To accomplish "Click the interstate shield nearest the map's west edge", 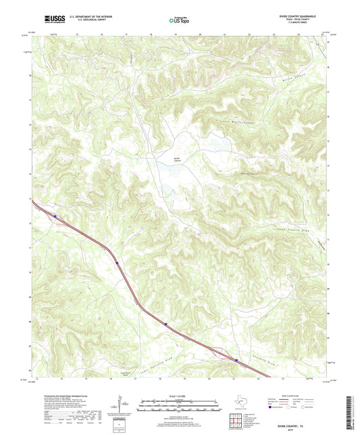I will [x=55, y=217].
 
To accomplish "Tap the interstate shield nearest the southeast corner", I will [x=236, y=360].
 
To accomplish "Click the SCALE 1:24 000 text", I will [x=180, y=395].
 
